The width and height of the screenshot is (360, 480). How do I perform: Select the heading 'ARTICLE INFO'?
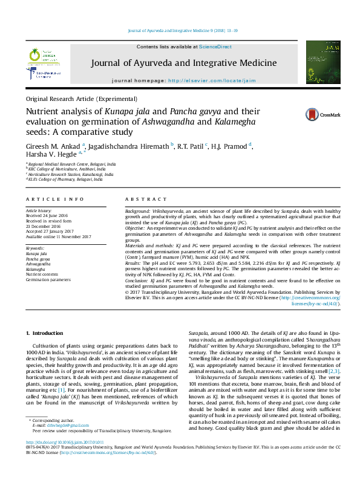pos(54,199)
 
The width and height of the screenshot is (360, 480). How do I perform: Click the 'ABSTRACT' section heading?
pos(142,199)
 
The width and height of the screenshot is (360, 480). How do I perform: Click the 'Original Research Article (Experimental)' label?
pos(81,98)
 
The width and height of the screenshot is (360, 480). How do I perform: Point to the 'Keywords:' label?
pos(35,248)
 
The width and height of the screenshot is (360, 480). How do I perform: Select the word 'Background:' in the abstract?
pos(138,209)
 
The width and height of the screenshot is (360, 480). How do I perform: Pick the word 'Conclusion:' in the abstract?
pos(137,281)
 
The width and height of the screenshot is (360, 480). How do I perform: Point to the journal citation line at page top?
pos(180,30)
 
